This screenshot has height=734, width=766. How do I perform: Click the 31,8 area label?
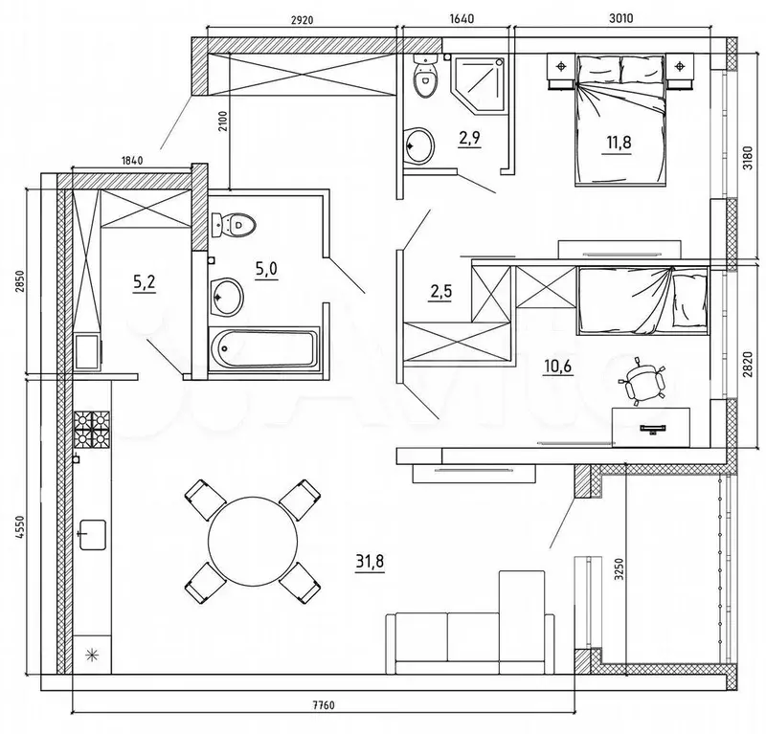point(370,561)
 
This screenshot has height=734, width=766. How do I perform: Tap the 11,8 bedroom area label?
point(619,143)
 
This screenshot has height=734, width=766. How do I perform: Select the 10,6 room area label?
point(557,366)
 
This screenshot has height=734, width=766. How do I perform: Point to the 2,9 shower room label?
point(469,138)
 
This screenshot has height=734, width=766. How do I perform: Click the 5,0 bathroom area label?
point(266,268)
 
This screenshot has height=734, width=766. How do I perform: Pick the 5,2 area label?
point(145,281)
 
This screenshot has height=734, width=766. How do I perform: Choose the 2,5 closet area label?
point(440,293)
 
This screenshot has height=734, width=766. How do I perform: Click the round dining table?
point(253,541)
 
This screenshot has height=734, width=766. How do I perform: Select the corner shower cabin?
point(478,84)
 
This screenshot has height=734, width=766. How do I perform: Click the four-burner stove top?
point(92,430)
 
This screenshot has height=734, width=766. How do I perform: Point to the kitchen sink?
point(92,534)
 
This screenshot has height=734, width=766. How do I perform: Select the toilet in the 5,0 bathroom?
point(234,225)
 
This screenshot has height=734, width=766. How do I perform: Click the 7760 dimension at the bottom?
point(324,705)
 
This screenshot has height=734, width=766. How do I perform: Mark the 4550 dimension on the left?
point(19,527)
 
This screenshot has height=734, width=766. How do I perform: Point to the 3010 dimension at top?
point(621,18)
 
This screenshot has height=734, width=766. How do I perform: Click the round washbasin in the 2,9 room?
point(419,146)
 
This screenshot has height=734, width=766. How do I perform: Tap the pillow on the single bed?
point(689,300)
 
